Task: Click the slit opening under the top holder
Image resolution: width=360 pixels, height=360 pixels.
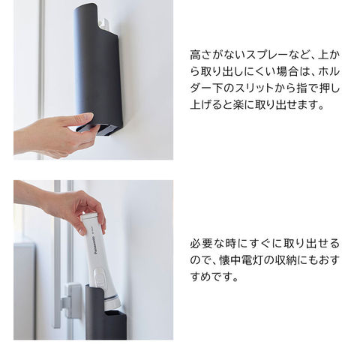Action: click(107, 130)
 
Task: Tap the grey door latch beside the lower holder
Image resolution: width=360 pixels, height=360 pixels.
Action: click(71, 301)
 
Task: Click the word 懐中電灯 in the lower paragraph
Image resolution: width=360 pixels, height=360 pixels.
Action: click(241, 260)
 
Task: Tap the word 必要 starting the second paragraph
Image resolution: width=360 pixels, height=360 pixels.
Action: click(201, 244)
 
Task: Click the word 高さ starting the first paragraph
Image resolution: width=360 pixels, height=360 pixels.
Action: click(201, 55)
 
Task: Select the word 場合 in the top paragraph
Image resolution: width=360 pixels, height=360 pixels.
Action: click(287, 72)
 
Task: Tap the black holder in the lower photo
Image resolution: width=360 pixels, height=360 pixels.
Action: click(106, 313)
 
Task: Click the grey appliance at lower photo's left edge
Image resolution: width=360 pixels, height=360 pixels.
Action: click(25, 290)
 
